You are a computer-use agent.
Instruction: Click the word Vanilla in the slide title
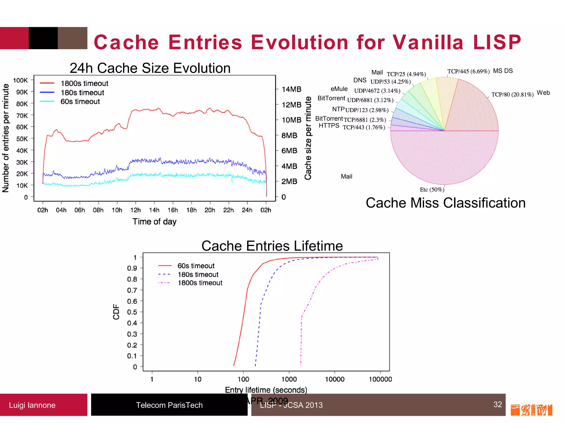click(428, 42)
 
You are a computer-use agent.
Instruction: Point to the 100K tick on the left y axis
click(20, 80)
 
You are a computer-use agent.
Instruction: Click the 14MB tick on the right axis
click(291, 89)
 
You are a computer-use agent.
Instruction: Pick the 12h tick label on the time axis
click(135, 210)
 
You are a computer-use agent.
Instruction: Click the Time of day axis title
click(154, 222)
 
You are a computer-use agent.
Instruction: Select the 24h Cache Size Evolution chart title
click(150, 68)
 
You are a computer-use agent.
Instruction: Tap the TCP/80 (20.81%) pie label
click(512, 94)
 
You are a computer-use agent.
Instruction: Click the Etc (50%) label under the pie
click(432, 189)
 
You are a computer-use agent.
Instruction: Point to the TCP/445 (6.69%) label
click(468, 71)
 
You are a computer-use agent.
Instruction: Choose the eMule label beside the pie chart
click(339, 89)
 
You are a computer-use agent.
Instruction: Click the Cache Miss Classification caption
click(446, 203)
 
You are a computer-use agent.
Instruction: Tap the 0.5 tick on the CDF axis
click(132, 312)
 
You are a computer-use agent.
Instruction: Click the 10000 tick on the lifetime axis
click(335, 379)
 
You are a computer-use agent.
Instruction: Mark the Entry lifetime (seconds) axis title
click(266, 390)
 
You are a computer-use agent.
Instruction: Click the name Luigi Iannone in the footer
click(32, 405)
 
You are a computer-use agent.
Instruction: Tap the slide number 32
click(497, 404)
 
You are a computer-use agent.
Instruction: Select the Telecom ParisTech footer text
click(169, 405)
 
